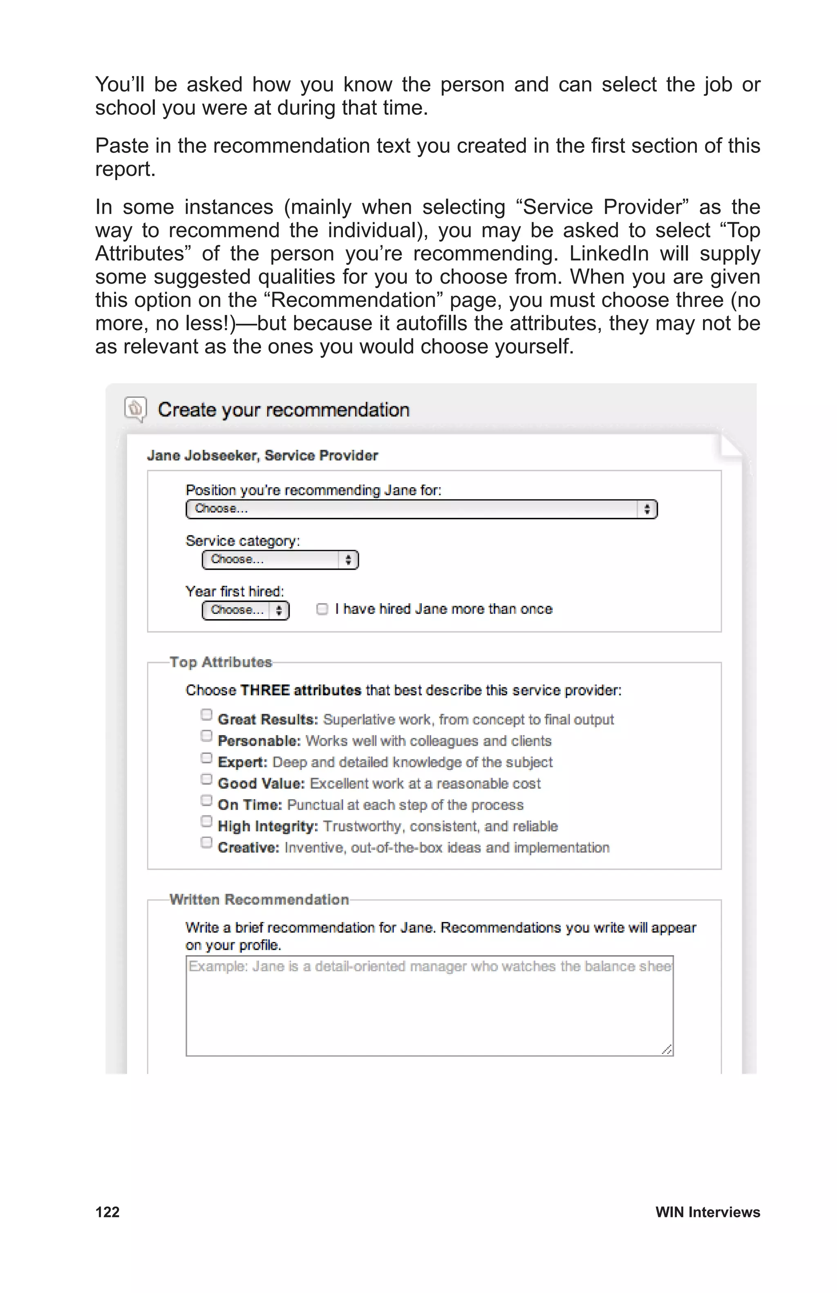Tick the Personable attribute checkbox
[206, 736]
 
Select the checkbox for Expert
[206, 757]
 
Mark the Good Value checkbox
[206, 778]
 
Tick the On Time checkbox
[206, 800]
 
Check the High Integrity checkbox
[206, 821]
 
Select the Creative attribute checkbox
[206, 842]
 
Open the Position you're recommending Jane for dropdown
[421, 509]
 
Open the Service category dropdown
[280, 559]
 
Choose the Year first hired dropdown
[245, 610]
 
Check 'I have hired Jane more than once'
[322, 609]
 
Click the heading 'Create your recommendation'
[283, 409]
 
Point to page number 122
[107, 1212]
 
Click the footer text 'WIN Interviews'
[707, 1212]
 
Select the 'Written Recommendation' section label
[259, 899]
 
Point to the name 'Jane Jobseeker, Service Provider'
[262, 455]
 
